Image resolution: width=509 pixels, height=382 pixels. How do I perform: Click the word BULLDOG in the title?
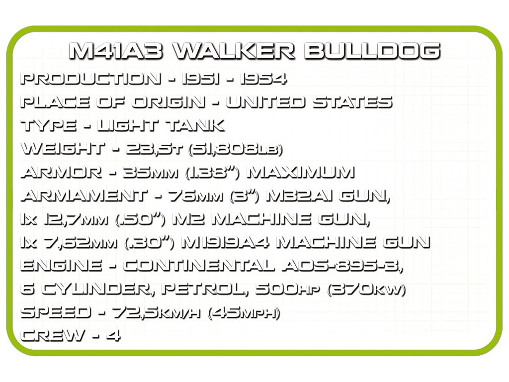(x=371, y=51)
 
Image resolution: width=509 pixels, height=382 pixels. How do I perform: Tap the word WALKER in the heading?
(x=235, y=51)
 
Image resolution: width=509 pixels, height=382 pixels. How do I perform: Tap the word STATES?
(x=352, y=103)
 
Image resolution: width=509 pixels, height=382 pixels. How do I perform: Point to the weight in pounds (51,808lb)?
(x=233, y=149)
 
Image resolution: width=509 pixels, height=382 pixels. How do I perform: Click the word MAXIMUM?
(x=301, y=173)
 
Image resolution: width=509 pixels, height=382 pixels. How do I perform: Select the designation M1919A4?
(x=225, y=243)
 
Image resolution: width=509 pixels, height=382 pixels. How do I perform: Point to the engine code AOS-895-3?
(x=342, y=266)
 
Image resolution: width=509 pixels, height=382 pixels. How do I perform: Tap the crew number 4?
(x=113, y=336)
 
